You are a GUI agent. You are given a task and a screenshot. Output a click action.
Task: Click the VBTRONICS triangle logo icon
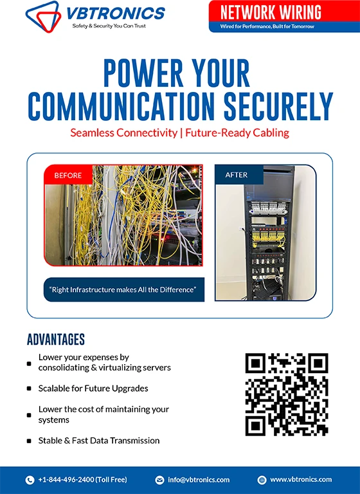tap(43, 16)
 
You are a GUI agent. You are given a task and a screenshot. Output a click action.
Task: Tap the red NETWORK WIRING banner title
tap(271, 12)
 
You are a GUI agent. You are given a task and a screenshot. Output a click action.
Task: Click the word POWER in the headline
tap(143, 73)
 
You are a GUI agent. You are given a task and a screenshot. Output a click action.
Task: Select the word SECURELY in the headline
tap(278, 106)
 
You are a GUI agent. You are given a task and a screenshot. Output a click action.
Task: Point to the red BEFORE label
tap(68, 175)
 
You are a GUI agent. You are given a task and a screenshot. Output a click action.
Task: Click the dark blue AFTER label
tap(236, 175)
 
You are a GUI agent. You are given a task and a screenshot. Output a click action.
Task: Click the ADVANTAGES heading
tap(56, 340)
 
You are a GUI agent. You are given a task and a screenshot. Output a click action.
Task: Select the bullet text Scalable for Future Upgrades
tap(93, 388)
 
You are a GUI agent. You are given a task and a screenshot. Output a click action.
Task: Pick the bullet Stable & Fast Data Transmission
tap(99, 441)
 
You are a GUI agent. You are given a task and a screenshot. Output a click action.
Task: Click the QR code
tap(287, 394)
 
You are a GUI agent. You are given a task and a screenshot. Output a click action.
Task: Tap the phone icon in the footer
tap(30, 480)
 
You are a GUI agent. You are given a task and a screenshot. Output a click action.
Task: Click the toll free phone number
tap(82, 479)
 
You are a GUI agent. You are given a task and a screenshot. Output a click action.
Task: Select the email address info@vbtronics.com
tap(199, 480)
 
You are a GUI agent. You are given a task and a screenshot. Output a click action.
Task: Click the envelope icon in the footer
tap(159, 480)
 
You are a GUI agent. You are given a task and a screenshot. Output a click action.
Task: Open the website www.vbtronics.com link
tap(301, 479)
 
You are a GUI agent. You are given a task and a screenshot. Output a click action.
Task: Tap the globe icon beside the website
tap(262, 480)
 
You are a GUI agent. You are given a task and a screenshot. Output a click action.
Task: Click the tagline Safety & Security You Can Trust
tap(109, 26)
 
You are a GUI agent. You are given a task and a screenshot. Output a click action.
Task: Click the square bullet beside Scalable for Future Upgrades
tap(29, 389)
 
